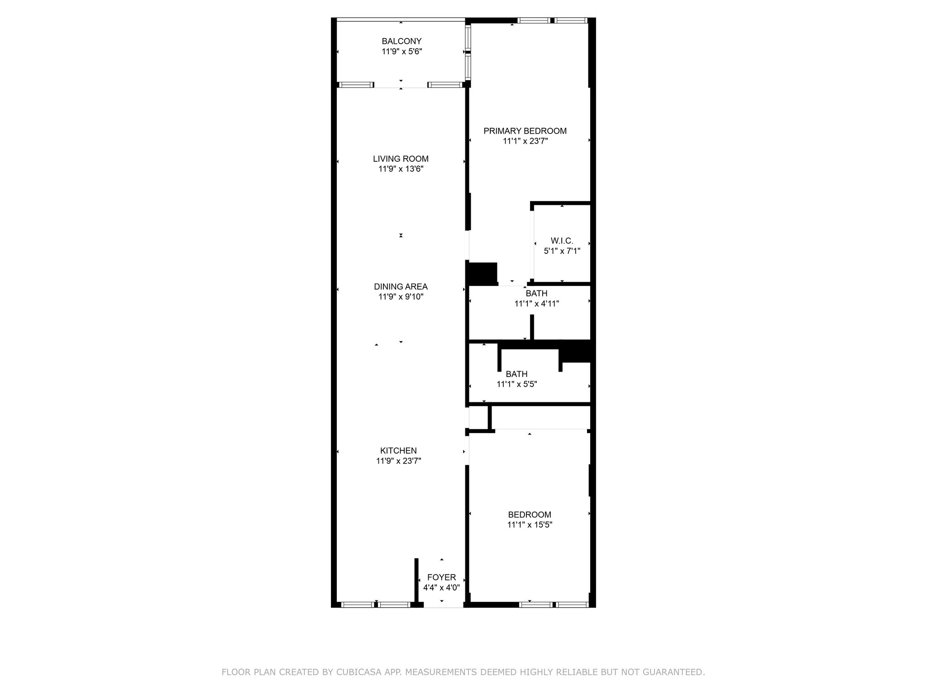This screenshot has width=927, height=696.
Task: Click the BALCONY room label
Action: pyautogui.click(x=401, y=41)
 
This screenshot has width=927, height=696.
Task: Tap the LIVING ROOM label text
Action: pyautogui.click(x=401, y=159)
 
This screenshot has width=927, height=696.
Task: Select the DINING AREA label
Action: pyautogui.click(x=401, y=287)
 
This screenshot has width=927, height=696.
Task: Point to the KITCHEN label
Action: pyautogui.click(x=398, y=451)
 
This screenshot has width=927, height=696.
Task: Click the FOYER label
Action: pyautogui.click(x=441, y=578)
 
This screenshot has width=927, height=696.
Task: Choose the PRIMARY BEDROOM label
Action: pyautogui.click(x=525, y=131)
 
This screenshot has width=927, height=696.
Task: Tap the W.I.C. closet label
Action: pyautogui.click(x=562, y=241)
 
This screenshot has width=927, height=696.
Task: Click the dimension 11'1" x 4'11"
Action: pyautogui.click(x=537, y=304)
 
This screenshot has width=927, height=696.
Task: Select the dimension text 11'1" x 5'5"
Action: pyautogui.click(x=517, y=384)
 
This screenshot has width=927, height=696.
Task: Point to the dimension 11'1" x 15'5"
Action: pyautogui.click(x=530, y=525)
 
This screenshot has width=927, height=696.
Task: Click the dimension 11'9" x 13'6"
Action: pyautogui.click(x=401, y=169)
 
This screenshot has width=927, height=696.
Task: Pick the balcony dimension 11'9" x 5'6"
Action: pyautogui.click(x=401, y=52)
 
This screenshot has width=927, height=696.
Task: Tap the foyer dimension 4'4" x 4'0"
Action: pyautogui.click(x=441, y=588)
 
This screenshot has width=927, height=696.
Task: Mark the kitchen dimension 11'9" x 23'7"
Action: pyautogui.click(x=398, y=461)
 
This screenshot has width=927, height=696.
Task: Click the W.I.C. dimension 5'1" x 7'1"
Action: pyautogui.click(x=562, y=251)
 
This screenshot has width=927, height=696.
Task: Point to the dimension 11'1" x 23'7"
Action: pyautogui.click(x=525, y=141)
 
